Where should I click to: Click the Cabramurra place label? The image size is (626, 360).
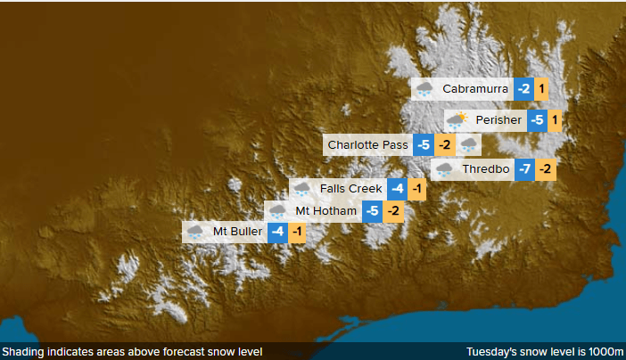(475, 89)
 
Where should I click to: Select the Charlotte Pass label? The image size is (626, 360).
(367, 144)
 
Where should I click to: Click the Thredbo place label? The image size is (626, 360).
(485, 169)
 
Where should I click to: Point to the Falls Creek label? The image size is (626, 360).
(351, 189)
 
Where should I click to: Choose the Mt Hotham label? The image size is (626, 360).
(326, 211)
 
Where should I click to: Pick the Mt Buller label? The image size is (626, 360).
(237, 232)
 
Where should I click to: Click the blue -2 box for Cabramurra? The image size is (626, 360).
(523, 89)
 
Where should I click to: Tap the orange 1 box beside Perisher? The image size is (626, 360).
(554, 120)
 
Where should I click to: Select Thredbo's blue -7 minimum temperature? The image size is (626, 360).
(525, 169)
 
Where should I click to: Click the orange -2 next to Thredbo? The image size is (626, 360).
(546, 169)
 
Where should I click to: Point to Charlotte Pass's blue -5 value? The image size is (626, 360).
(424, 144)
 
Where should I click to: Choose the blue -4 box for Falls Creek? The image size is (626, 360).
(398, 189)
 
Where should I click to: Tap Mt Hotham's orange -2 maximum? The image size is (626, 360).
(393, 211)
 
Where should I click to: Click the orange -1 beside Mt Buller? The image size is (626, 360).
(298, 232)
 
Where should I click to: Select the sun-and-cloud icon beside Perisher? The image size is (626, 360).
(457, 120)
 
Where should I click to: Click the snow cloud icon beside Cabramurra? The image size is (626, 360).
(424, 89)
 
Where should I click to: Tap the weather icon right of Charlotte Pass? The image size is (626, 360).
(469, 144)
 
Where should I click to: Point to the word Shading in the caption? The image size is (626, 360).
(23, 351)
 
